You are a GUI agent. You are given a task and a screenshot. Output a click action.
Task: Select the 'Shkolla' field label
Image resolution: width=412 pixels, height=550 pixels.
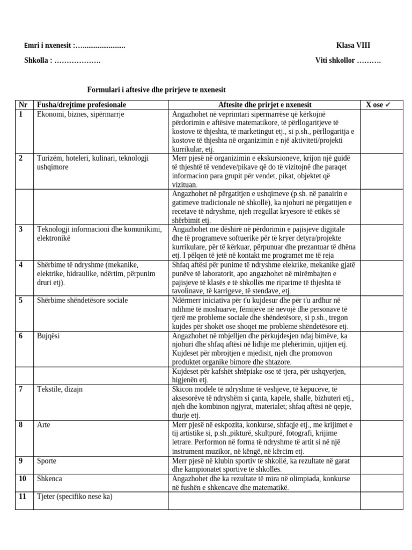[x=38, y=61]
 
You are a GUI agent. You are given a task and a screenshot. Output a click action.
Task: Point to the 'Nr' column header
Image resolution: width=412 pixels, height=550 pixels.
[x=23, y=105]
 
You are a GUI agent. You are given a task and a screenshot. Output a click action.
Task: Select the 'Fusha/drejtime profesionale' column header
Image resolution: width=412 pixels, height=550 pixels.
[x=81, y=105]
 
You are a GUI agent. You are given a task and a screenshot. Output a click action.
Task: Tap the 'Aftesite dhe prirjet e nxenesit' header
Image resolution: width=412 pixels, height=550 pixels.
[x=265, y=105]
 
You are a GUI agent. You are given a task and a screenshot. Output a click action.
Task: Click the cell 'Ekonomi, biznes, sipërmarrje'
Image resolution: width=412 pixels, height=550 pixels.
[x=80, y=114]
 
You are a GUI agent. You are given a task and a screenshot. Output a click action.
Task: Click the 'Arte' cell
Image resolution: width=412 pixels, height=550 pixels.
[x=43, y=425]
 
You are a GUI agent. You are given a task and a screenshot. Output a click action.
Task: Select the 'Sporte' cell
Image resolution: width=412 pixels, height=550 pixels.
[x=47, y=461]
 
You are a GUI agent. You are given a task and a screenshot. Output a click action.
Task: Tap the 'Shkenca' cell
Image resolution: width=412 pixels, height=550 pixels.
[x=49, y=479]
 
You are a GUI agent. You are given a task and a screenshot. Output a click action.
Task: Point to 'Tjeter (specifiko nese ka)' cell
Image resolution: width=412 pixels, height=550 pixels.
[x=75, y=497]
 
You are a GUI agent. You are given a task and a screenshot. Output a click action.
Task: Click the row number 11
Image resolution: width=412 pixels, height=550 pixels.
[x=23, y=497]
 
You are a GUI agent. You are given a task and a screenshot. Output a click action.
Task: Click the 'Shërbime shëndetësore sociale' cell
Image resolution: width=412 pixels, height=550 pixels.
[x=82, y=301]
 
